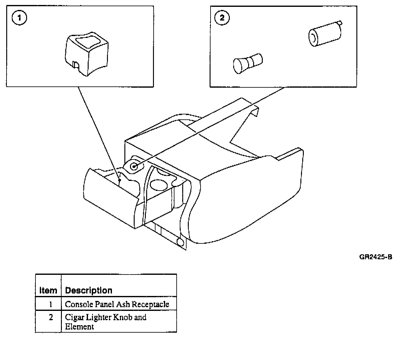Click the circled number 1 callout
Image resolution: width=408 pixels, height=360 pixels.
click(19, 18)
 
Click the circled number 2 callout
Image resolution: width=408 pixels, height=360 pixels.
click(222, 18)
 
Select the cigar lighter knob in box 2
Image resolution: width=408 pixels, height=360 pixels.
click(247, 62)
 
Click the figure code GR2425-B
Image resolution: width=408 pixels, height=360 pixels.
click(376, 257)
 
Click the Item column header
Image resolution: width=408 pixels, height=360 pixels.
click(48, 290)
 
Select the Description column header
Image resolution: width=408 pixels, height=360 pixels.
click(89, 290)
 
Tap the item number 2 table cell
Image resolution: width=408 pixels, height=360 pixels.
click(51, 317)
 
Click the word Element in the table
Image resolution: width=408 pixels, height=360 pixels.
click(79, 327)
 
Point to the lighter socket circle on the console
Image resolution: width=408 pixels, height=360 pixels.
click(134, 167)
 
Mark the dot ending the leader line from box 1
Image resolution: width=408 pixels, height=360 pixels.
click(119, 180)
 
